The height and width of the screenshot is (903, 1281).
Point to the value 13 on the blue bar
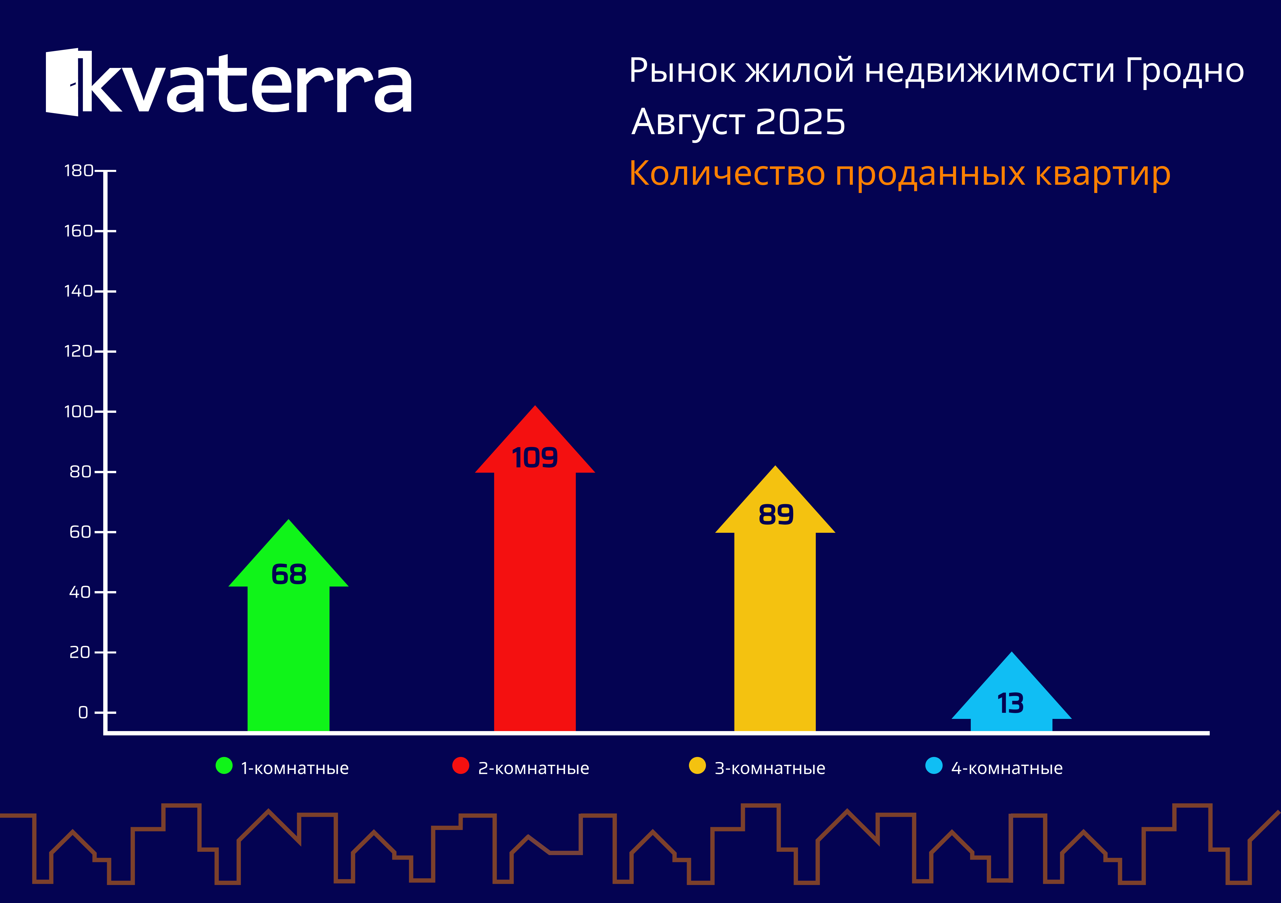pyautogui.click(x=1010, y=703)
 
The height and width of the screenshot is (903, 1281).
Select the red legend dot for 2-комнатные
pyautogui.click(x=461, y=766)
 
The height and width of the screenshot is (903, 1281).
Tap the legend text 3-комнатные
pyautogui.click(x=770, y=769)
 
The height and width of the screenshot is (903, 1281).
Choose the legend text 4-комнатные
pyautogui.click(x=1007, y=769)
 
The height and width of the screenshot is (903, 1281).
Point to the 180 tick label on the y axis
pyautogui.click(x=79, y=171)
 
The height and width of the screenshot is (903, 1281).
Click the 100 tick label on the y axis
pyautogui.click(x=79, y=412)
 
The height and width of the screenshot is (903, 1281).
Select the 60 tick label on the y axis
pyautogui.click(x=80, y=532)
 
